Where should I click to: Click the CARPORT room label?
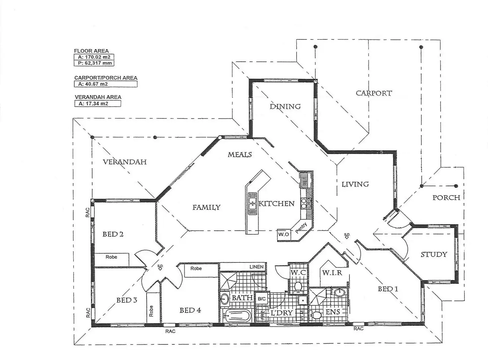(374, 93)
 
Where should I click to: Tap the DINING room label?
(285, 106)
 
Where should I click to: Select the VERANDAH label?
(125, 162)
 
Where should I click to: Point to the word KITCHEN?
(276, 204)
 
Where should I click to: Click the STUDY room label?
(434, 255)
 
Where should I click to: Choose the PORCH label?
(446, 198)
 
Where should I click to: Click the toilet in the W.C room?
(298, 286)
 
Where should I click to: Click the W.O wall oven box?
(283, 234)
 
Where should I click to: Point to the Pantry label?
(302, 228)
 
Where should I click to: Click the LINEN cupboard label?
(257, 267)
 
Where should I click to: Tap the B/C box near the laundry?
(262, 299)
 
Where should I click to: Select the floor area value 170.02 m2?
(94, 57)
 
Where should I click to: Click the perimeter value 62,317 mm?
(94, 63)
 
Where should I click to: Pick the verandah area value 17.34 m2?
(93, 103)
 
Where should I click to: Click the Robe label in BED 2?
(111, 257)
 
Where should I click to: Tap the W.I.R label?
(332, 273)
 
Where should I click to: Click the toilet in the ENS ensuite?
(317, 315)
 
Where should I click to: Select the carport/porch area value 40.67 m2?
(93, 84)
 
